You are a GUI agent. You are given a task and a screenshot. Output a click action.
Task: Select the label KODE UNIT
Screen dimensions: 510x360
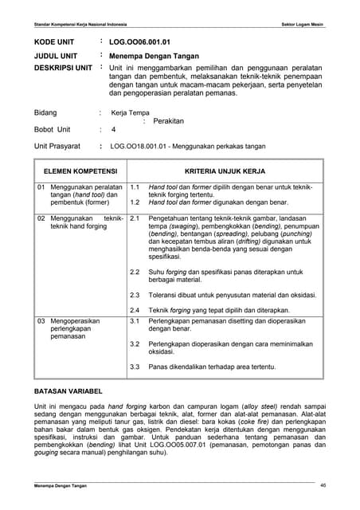53,40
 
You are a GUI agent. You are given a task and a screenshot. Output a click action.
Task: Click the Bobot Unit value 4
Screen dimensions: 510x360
113,129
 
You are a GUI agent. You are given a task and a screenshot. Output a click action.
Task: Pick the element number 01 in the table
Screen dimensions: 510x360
41,186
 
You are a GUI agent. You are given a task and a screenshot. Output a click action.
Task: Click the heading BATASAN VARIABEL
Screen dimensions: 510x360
67,392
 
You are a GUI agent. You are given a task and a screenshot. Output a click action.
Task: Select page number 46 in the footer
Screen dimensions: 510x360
323,485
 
